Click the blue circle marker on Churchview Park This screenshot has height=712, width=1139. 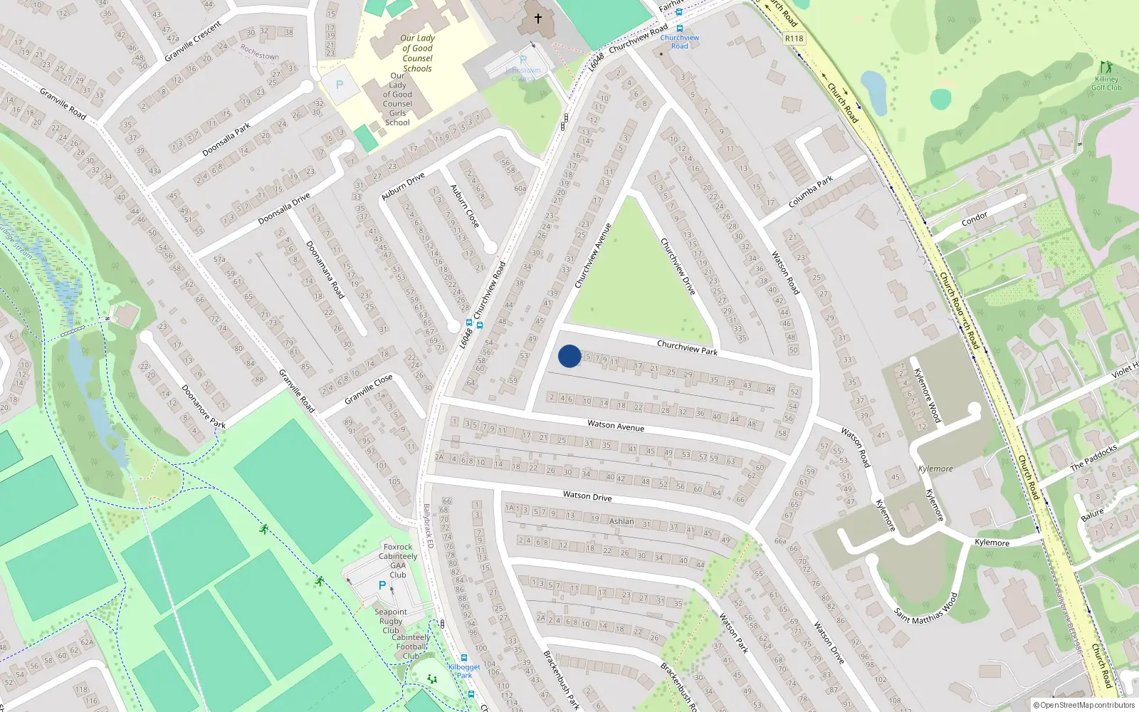coord(569,356)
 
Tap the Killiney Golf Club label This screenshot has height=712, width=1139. coord(1106,83)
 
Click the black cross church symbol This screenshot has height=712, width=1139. coord(538,19)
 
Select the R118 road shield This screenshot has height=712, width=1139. coord(794,38)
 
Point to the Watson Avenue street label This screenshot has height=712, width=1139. coord(616,426)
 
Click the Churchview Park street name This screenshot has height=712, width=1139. coord(687,348)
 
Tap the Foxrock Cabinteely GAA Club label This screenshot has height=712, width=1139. coord(398,561)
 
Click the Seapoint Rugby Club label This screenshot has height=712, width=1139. coord(391,621)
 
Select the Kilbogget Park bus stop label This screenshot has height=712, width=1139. coord(464,671)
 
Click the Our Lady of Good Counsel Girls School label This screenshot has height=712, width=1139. coord(397,99)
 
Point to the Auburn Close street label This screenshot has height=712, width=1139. coord(464,206)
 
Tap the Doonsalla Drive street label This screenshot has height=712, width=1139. coord(284,209)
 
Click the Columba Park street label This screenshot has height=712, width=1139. coord(811,192)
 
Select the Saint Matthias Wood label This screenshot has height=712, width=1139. coord(926,609)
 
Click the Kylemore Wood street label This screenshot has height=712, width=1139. coord(927,395)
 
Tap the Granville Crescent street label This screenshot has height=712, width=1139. coord(193,42)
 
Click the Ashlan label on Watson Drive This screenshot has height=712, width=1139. coord(621,521)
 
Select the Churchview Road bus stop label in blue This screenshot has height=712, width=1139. coord(680,41)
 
